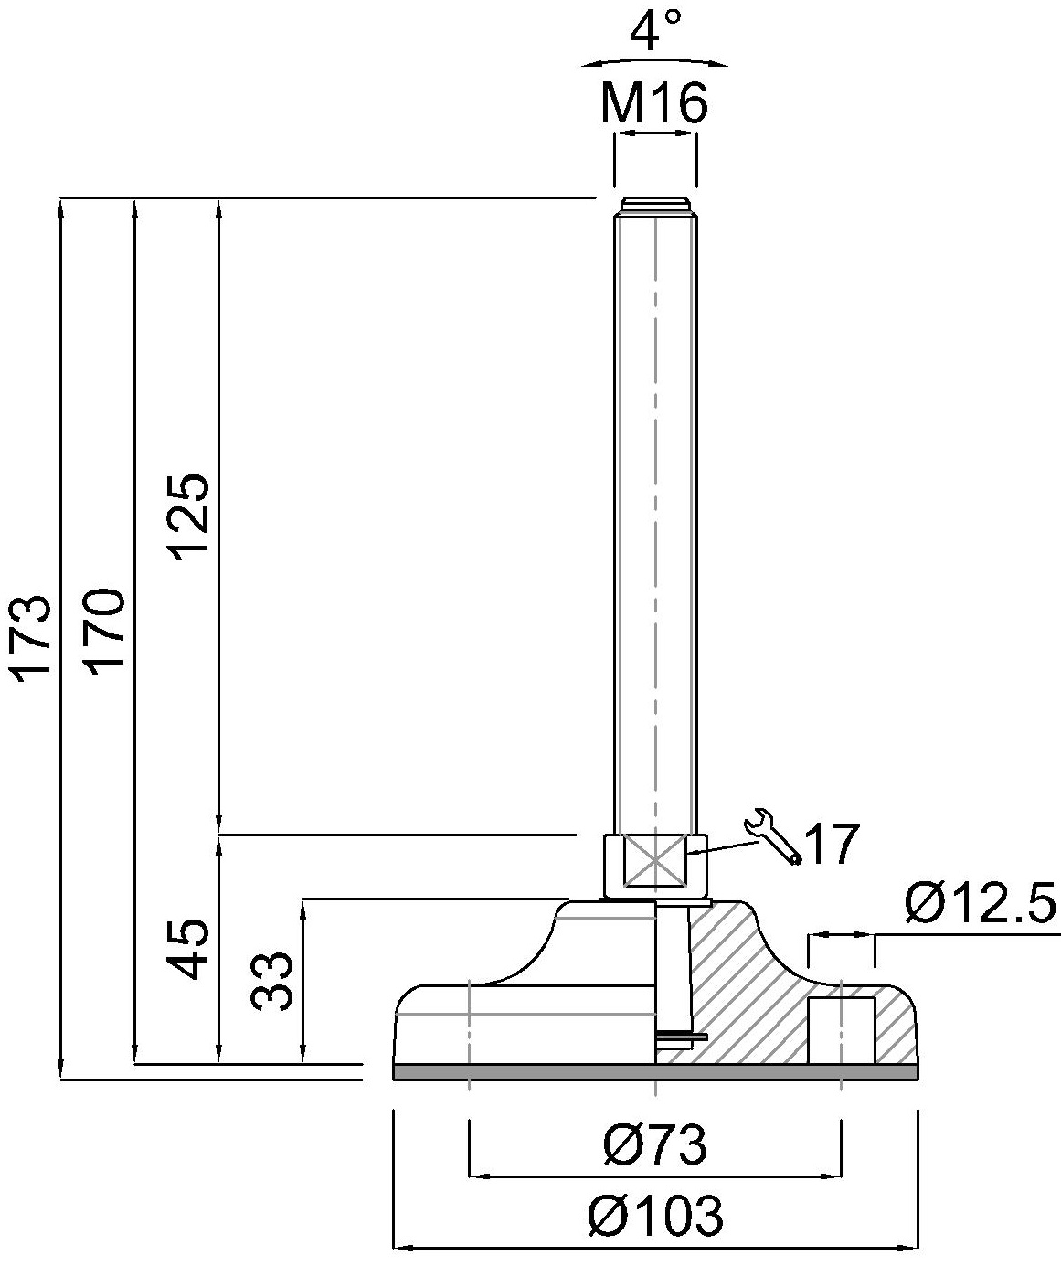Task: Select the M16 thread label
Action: pos(654,103)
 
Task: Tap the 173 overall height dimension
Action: pos(32,640)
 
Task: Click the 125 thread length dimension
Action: pos(190,517)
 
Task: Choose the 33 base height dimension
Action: pos(272,981)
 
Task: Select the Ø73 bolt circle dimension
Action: pos(655,1144)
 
